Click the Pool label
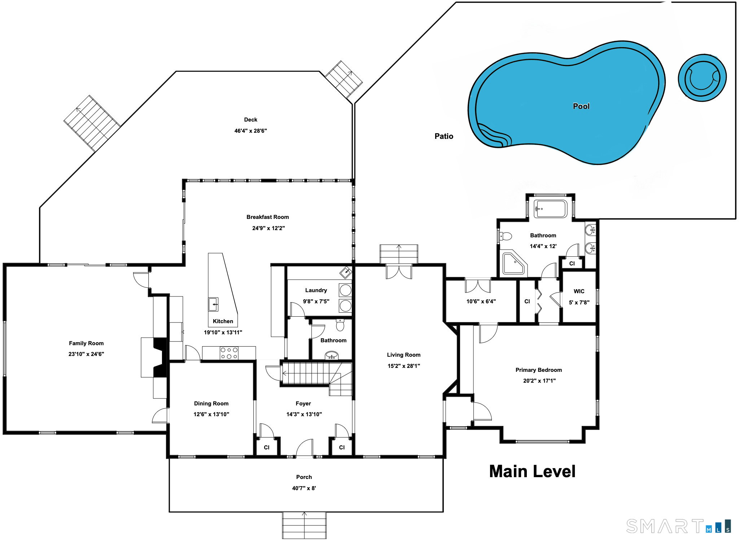[581, 106]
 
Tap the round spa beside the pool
[702, 78]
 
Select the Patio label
[444, 136]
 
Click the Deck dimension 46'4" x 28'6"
[250, 131]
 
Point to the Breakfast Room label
[268, 217]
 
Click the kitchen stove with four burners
[229, 353]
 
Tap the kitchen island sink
[213, 304]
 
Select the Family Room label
[86, 343]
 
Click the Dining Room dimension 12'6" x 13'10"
[211, 414]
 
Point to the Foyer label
[303, 403]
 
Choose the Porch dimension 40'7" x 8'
[304, 488]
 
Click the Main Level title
[532, 471]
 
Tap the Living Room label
[404, 355]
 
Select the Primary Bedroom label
[539, 370]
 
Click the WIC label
[579, 291]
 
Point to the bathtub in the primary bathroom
[551, 209]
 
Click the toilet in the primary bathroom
[506, 236]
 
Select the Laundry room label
[316, 290]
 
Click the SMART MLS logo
[679, 526]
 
